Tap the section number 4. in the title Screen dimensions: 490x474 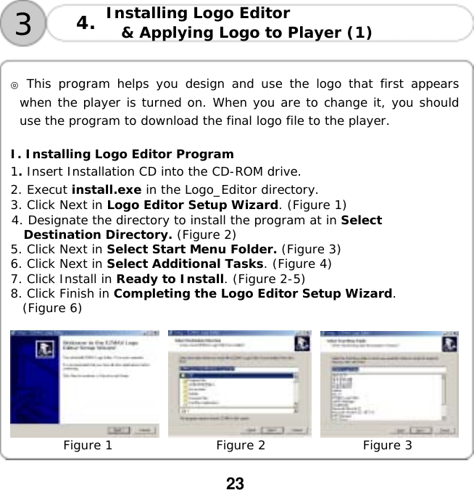point(86,24)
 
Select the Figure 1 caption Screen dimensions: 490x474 point(88,445)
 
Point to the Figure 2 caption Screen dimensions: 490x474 point(240,445)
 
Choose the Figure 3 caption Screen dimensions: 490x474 point(387,445)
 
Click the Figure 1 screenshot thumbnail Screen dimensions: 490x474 point(85,384)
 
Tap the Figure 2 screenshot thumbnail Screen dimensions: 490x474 point(239,384)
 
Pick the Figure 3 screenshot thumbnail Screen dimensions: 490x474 point(388,384)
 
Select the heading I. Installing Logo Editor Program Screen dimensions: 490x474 point(122,154)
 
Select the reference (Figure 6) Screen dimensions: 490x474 point(52,308)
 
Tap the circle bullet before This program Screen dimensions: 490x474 point(14,83)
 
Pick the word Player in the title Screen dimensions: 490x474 point(312,33)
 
